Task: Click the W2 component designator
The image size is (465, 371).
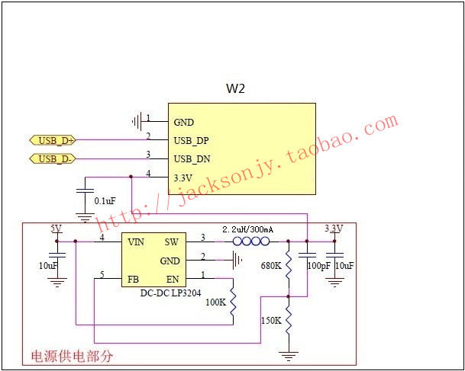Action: [235, 88]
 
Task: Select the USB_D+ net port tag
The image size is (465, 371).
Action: [53, 140]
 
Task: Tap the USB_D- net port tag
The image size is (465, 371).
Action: [53, 159]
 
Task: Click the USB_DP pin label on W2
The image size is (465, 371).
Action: [192, 141]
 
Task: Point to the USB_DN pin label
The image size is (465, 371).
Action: [192, 159]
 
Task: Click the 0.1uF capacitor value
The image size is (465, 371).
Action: [105, 201]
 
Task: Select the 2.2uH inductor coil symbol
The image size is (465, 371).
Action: [251, 241]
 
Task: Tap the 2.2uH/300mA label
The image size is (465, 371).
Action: [248, 229]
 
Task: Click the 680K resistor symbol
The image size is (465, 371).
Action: [289, 264]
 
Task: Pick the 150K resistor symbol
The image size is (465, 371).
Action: [289, 320]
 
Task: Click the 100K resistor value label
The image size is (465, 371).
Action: [216, 302]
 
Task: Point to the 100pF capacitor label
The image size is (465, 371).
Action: [319, 266]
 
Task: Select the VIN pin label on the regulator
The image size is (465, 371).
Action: [136, 242]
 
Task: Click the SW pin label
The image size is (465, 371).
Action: [171, 242]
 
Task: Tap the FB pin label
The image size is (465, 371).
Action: [133, 280]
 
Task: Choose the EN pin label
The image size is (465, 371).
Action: [173, 280]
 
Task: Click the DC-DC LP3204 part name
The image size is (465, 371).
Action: [170, 293]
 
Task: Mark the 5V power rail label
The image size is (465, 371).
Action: [56, 229]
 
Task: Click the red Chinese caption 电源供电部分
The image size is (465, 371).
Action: [72, 357]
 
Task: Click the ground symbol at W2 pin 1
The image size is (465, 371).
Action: [137, 121]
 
